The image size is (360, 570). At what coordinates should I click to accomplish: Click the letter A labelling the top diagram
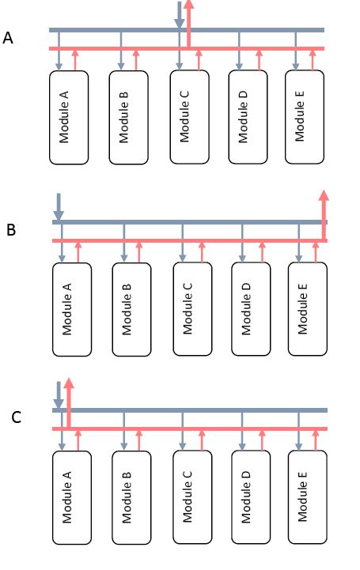point(9,37)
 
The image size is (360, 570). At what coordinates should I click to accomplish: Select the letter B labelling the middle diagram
point(11,230)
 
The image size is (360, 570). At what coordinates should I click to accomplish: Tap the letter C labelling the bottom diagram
point(16,417)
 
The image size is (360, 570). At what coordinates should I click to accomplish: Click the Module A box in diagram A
point(68,117)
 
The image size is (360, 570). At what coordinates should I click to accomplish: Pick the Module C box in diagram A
point(189,117)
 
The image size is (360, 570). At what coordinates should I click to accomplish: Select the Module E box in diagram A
point(305,117)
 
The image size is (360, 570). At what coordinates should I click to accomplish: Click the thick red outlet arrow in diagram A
point(189,20)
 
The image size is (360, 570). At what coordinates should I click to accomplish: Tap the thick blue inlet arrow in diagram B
point(58,206)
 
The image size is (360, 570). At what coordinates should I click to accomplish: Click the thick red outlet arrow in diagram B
point(323,210)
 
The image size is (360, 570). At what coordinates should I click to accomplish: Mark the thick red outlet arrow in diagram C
point(69,399)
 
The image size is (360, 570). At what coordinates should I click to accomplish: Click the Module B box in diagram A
point(129,117)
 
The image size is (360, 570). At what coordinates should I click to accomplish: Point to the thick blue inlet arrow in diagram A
point(180,16)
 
